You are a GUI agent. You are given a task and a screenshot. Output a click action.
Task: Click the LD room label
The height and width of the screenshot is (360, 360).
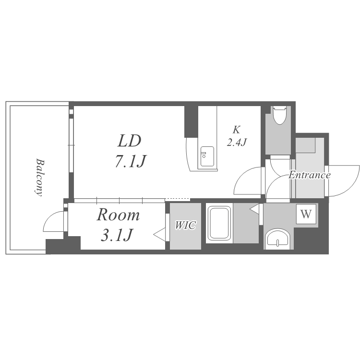click(129, 141)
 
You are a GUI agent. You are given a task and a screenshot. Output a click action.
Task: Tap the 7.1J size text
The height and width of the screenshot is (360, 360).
click(131, 161)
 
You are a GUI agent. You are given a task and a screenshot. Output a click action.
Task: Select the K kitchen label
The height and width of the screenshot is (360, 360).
click(236, 130)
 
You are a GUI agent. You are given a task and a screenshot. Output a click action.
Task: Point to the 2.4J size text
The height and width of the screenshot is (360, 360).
click(237, 143)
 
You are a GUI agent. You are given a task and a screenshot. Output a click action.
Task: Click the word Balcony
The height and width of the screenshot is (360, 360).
click(38, 177)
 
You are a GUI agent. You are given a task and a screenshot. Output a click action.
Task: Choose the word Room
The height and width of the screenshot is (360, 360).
click(118, 215)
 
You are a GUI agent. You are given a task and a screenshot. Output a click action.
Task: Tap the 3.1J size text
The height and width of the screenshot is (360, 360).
click(117, 235)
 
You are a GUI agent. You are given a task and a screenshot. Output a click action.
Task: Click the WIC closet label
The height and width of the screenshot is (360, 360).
click(185, 225)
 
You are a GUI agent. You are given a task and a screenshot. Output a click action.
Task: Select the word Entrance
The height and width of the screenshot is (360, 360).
click(309, 175)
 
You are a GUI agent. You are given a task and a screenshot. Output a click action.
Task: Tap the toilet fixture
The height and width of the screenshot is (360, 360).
click(279, 115)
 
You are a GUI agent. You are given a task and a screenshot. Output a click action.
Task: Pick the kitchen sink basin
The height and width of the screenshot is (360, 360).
click(207, 156)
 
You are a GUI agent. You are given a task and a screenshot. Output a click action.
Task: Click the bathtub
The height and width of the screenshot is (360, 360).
click(219, 223)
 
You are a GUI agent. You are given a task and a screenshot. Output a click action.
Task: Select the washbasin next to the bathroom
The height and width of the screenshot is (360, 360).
click(278, 239)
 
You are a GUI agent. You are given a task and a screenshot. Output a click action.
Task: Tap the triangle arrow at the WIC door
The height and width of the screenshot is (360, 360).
click(159, 234)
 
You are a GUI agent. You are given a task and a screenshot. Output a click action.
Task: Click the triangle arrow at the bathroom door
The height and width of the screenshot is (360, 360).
click(254, 209)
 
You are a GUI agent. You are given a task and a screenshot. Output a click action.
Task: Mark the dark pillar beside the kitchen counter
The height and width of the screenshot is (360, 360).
click(191, 121)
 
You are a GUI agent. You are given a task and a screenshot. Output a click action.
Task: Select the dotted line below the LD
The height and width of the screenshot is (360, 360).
click(177, 199)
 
